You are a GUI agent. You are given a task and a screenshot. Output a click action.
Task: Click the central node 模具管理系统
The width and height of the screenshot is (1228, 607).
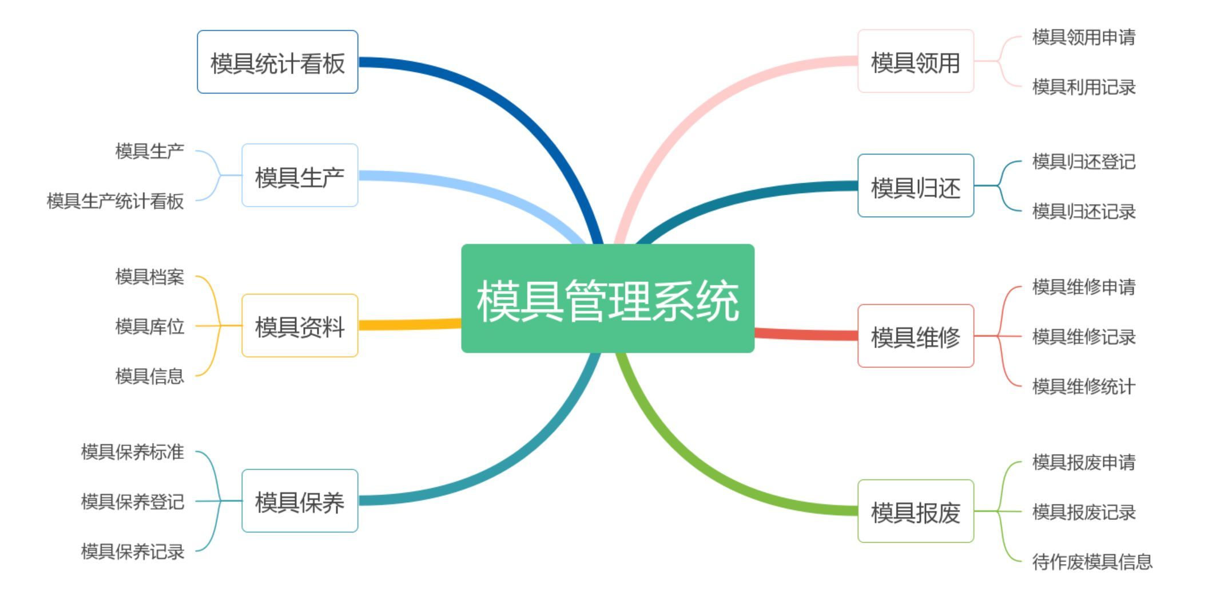click(607, 298)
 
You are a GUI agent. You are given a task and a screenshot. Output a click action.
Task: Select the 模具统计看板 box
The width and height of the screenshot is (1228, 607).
click(277, 62)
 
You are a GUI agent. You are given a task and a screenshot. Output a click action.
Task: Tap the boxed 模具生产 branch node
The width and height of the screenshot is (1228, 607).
click(300, 175)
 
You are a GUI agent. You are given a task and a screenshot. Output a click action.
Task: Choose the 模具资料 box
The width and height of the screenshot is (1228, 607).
click(300, 326)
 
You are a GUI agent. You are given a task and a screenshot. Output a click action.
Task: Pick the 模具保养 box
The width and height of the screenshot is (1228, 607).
click(300, 501)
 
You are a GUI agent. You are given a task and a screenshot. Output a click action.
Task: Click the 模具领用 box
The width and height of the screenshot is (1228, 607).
click(915, 61)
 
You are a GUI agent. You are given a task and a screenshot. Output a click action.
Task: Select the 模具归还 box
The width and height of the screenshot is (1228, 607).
click(915, 186)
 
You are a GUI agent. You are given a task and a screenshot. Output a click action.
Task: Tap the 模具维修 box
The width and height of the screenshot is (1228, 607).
click(915, 336)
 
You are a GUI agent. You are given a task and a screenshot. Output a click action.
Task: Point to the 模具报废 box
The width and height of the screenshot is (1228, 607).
click(915, 511)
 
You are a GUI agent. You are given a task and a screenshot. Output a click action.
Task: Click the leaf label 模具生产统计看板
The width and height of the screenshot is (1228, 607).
click(115, 201)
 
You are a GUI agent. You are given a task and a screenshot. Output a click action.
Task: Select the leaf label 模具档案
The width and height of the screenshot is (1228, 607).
click(149, 277)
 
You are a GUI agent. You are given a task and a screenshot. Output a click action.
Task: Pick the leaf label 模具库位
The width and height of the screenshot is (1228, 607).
click(149, 326)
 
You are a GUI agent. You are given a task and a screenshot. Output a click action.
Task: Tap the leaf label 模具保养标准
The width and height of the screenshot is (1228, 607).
click(132, 452)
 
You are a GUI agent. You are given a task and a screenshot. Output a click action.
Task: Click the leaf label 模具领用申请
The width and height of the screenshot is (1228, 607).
click(1083, 37)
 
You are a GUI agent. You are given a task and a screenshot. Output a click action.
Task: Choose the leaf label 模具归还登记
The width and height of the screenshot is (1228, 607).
click(1083, 161)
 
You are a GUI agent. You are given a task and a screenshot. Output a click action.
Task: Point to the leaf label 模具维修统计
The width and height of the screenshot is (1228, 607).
click(1083, 387)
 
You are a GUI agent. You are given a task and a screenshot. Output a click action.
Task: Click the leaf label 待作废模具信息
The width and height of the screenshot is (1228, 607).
click(1092, 562)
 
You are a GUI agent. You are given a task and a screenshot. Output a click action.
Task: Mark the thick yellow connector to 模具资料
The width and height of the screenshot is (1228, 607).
click(409, 325)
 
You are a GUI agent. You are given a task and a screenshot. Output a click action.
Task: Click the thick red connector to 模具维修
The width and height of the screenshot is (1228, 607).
click(806, 334)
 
